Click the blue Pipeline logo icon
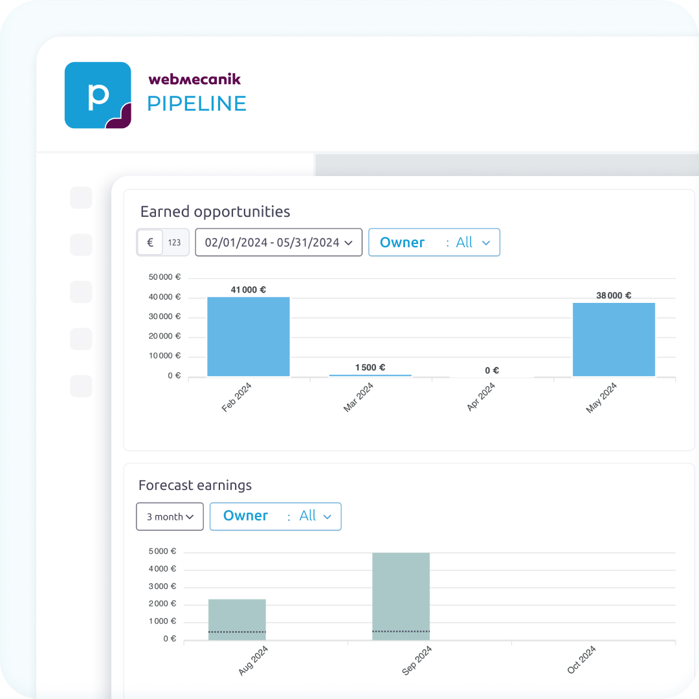click(98, 95)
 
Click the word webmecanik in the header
click(194, 79)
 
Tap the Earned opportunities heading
click(215, 212)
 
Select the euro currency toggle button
click(150, 243)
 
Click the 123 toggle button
click(175, 243)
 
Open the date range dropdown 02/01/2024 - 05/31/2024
click(278, 243)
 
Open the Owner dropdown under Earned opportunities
click(434, 243)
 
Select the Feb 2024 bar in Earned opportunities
click(249, 337)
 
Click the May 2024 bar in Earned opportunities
click(614, 339)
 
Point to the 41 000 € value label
click(249, 290)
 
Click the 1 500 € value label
click(370, 368)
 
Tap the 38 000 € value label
click(614, 296)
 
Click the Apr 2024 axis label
click(481, 397)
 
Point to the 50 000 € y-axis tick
click(164, 278)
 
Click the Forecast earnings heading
click(195, 485)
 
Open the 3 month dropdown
click(170, 516)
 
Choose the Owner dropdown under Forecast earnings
click(276, 516)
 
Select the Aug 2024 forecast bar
click(237, 619)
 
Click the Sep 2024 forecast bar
click(401, 596)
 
